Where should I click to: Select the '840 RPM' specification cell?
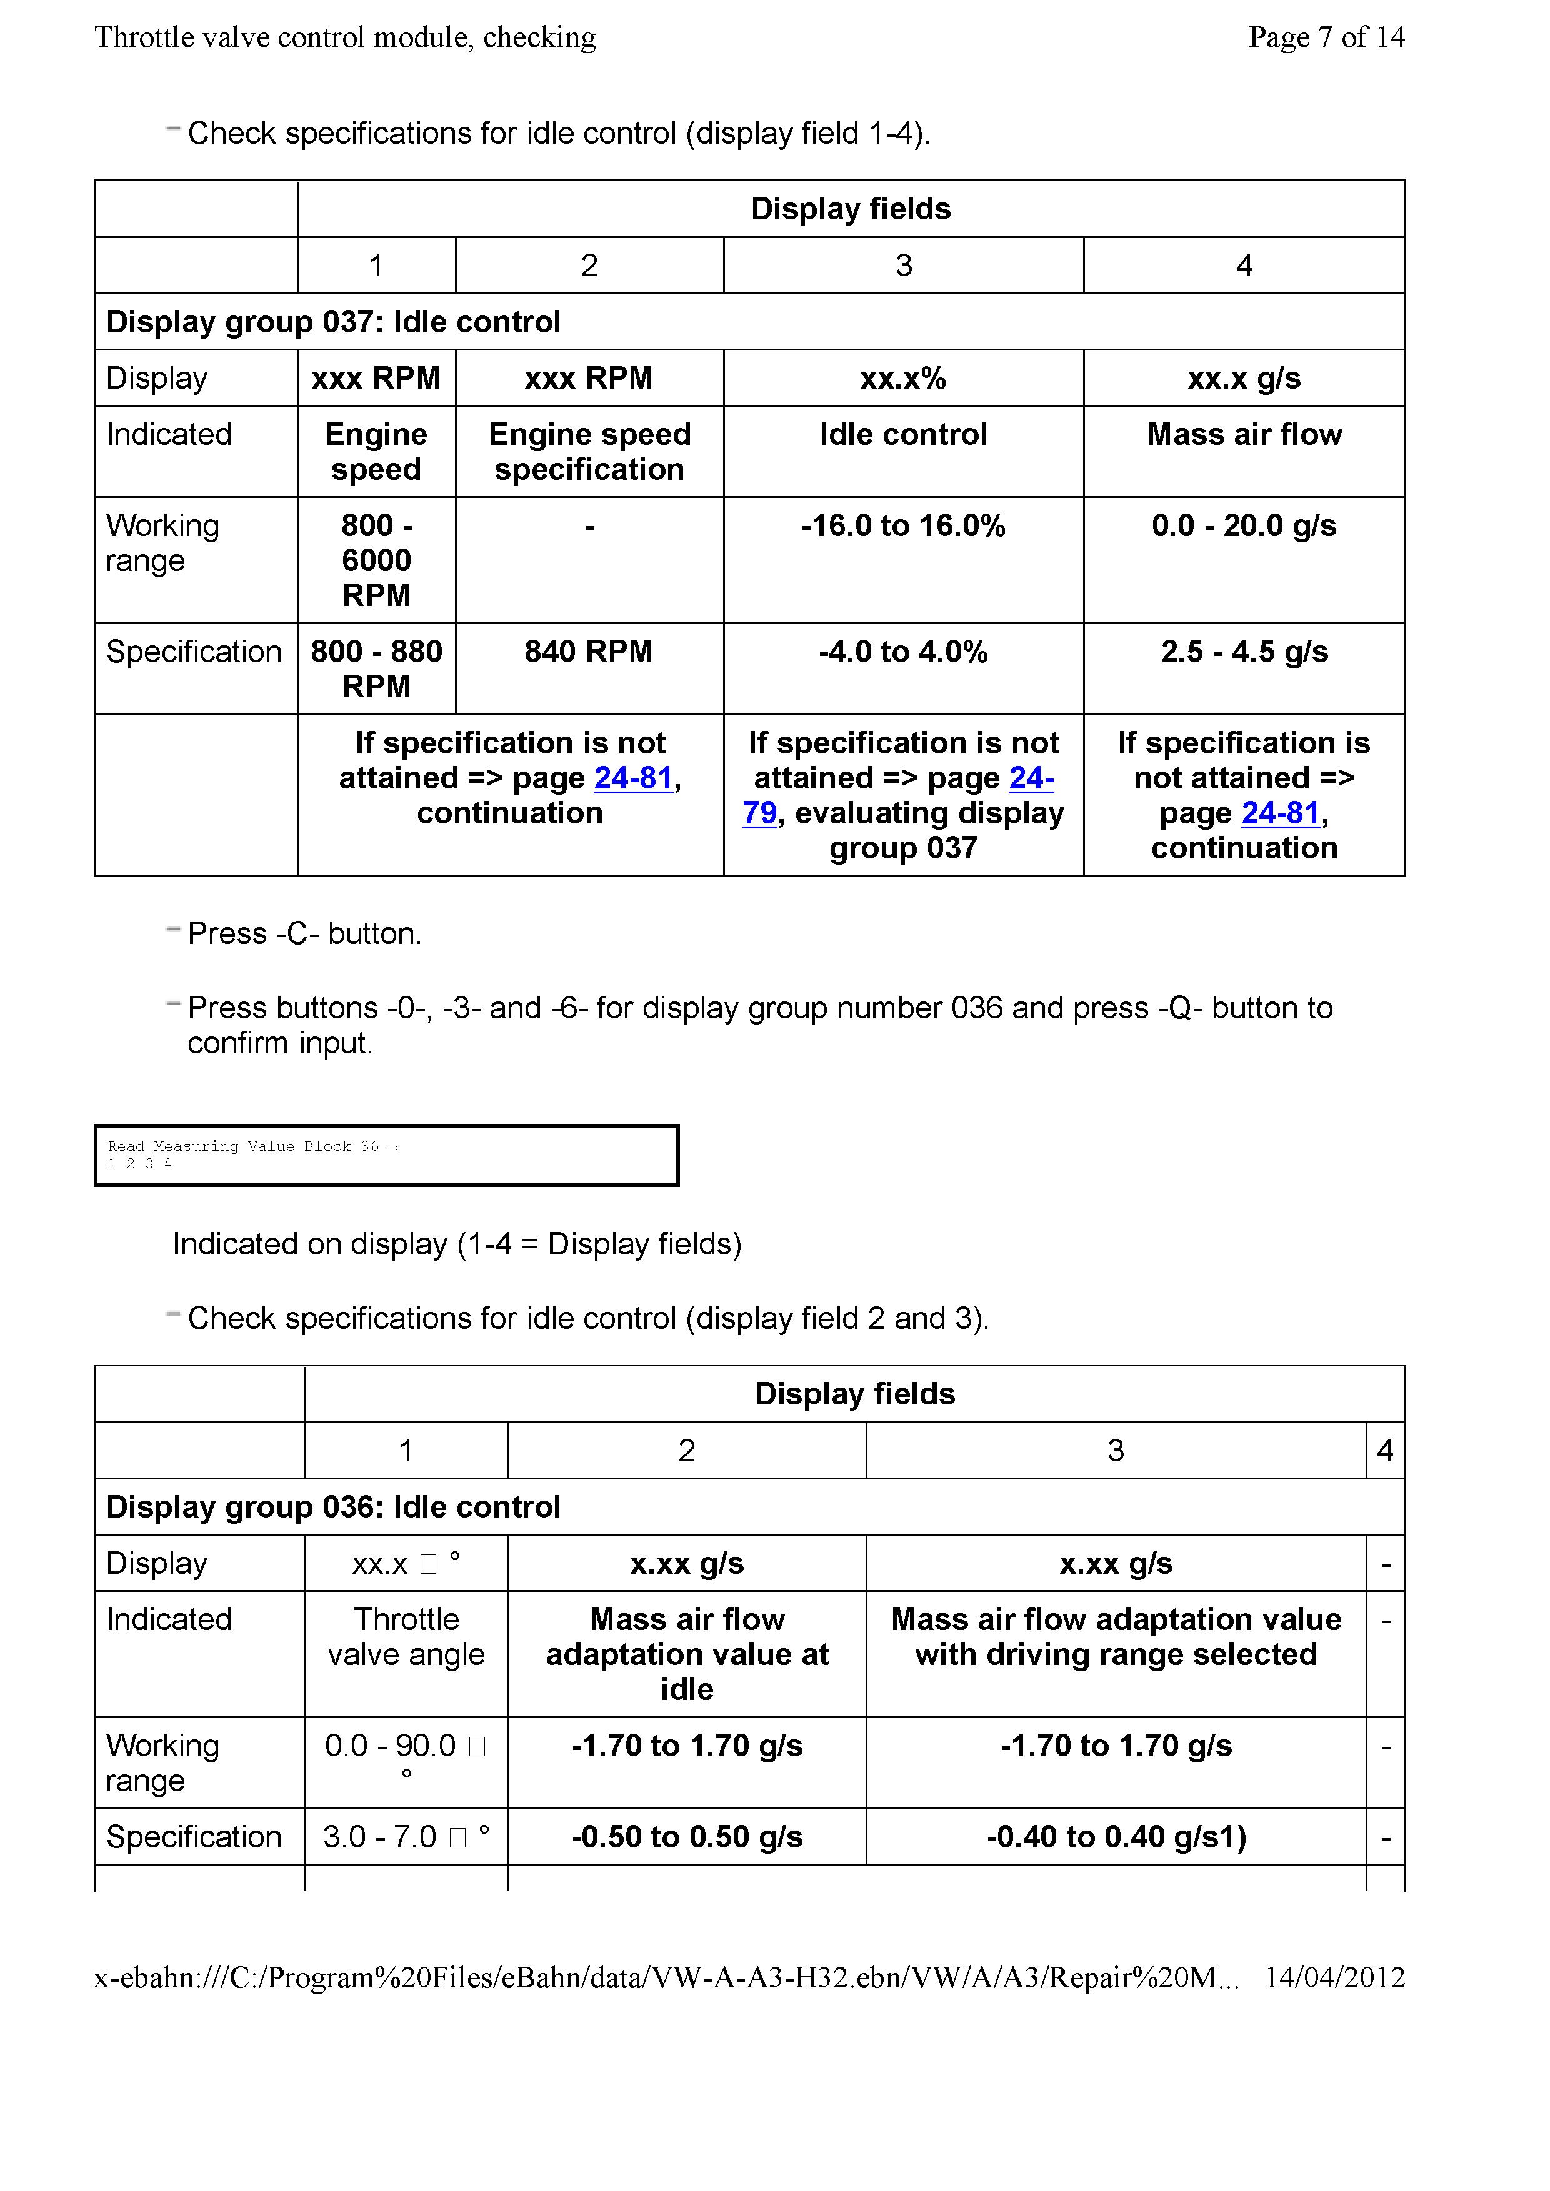tap(589, 652)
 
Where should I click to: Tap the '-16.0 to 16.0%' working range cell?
tap(903, 526)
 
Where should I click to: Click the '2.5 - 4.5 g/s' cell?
tap(1244, 652)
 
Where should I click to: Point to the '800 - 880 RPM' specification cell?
tap(376, 668)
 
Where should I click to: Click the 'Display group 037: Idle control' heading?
tap(333, 322)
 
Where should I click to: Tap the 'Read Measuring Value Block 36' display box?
tap(386, 1155)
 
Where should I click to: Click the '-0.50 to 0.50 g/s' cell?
tap(687, 1837)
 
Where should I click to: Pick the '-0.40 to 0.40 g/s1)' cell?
tap(1116, 1837)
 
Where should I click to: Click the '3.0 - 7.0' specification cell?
tap(406, 1837)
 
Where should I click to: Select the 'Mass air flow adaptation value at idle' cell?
tap(687, 1654)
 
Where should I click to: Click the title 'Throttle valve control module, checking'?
tap(346, 37)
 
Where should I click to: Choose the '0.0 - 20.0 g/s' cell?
tap(1244, 526)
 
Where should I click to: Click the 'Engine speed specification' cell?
tap(589, 451)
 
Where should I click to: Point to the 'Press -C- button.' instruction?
tap(304, 933)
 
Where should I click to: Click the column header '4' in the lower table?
tap(1385, 1451)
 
